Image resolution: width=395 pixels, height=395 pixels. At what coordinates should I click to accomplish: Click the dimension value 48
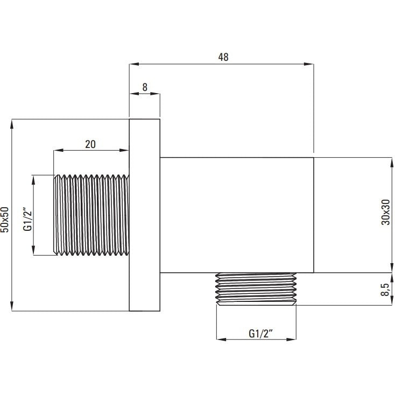coord(223,57)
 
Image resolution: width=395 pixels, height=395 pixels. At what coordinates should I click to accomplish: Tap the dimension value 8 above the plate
coord(145,87)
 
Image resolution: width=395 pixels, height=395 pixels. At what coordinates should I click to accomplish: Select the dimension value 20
coord(90,144)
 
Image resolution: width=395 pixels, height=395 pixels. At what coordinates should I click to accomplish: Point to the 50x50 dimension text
coord(5,220)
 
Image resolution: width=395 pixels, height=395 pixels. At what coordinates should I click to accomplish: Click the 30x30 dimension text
coord(386,212)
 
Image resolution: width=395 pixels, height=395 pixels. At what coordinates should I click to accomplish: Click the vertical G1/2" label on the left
coord(27,218)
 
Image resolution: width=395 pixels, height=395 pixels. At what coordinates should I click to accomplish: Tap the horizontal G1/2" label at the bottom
coord(261,334)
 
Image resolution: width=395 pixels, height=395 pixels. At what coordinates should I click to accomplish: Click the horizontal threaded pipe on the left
coord(91,215)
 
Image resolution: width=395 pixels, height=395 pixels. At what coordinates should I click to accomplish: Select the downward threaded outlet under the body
coord(256,289)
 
